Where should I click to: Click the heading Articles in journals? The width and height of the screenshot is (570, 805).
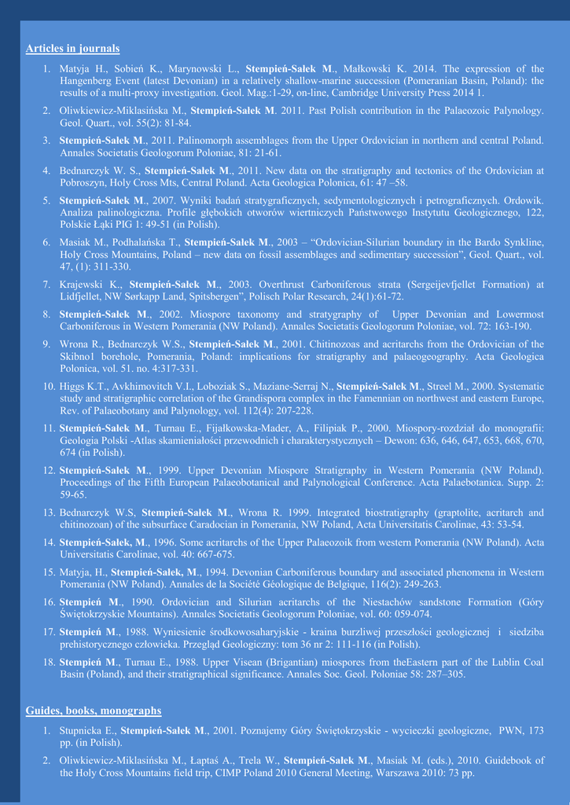pos(73,49)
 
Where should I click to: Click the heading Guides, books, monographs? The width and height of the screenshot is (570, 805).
pos(94,711)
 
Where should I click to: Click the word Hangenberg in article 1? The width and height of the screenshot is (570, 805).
pos(91,81)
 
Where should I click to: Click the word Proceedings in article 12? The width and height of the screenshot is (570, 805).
pos(91,483)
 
